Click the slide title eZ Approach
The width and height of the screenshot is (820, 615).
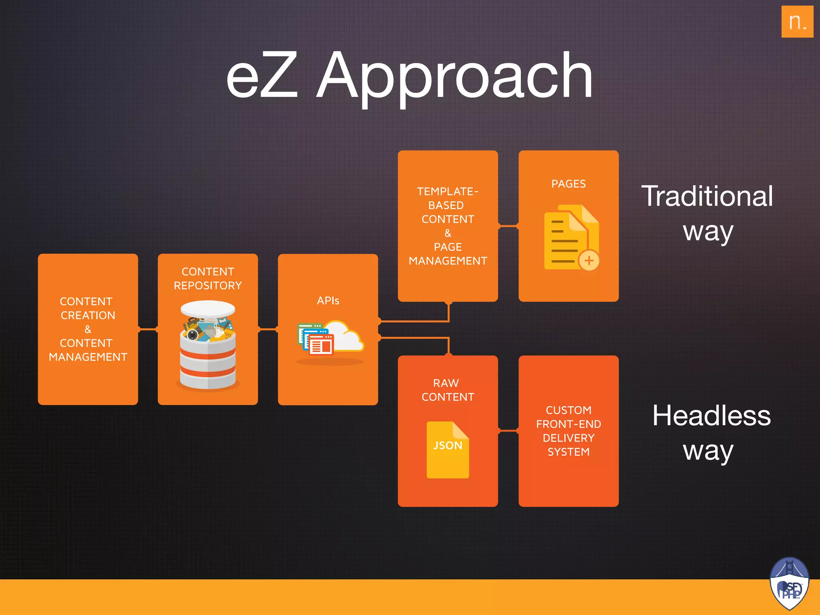[409, 76]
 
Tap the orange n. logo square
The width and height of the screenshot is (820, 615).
[797, 22]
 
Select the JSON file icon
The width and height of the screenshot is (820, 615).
[448, 450]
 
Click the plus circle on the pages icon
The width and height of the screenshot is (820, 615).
[589, 261]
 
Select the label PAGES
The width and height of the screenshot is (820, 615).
[568, 184]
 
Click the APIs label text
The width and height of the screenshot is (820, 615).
[328, 301]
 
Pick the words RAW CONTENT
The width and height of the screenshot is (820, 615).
[448, 390]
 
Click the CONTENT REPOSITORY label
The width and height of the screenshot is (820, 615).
[208, 279]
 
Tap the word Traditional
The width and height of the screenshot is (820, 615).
[707, 196]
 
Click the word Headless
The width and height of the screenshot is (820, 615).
[711, 416]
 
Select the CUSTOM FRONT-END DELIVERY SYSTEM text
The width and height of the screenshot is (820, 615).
[568, 431]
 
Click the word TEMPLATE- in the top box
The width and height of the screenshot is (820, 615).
[447, 191]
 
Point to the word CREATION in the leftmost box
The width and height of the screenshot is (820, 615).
[88, 316]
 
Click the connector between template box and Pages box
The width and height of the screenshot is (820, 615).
[508, 226]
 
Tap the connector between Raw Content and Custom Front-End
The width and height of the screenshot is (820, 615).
[508, 431]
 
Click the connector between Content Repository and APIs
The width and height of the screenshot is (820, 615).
[268, 330]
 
